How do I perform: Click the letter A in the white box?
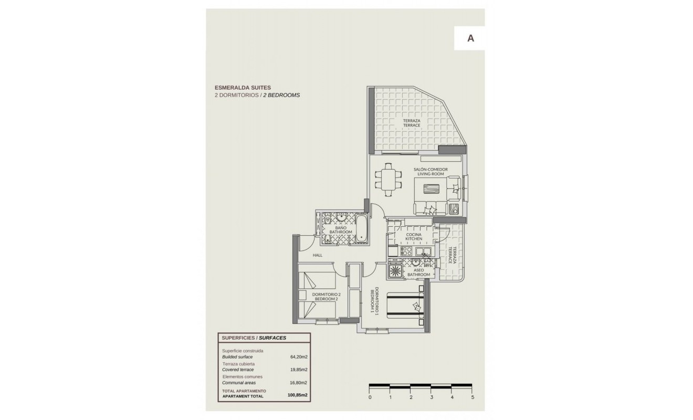click(471, 38)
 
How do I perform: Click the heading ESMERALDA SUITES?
click(243, 88)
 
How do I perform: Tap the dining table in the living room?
click(388, 180)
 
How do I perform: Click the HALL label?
click(317, 256)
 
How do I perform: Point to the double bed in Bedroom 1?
click(404, 306)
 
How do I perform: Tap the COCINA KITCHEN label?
click(414, 237)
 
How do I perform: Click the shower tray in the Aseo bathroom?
click(394, 271)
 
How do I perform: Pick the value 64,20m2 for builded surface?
click(299, 357)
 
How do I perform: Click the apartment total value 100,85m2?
click(297, 395)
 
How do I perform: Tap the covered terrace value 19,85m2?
click(299, 370)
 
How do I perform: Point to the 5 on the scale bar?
click(472, 397)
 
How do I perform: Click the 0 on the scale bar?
click(370, 397)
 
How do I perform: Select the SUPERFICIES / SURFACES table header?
click(254, 338)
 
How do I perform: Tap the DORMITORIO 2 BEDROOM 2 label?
click(327, 297)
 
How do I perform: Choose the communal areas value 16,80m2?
click(299, 383)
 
